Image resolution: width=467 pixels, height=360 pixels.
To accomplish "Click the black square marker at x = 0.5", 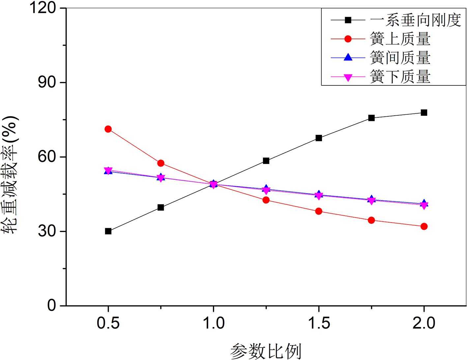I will click(x=108, y=231).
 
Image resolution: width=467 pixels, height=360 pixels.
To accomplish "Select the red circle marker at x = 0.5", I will click(x=108, y=129).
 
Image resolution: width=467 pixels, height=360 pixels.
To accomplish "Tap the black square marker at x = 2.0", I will click(x=424, y=113).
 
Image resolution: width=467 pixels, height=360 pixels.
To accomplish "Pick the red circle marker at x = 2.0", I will click(x=424, y=226).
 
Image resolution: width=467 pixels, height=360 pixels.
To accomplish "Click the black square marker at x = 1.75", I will click(x=371, y=118).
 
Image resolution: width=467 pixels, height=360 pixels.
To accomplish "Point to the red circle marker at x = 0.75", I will click(x=161, y=163).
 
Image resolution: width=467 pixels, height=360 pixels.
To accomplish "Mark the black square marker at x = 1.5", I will click(x=319, y=138).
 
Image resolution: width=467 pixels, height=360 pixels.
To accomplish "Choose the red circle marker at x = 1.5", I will click(x=319, y=211).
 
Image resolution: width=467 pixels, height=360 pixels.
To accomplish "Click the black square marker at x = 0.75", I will click(x=161, y=207).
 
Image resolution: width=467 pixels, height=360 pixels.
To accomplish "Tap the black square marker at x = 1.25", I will click(x=266, y=161).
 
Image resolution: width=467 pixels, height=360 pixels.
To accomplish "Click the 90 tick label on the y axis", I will click(x=47, y=82).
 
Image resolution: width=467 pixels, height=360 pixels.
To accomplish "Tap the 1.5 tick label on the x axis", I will click(x=319, y=323).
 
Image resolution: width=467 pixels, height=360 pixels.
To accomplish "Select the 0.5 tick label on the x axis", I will click(x=108, y=323).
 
